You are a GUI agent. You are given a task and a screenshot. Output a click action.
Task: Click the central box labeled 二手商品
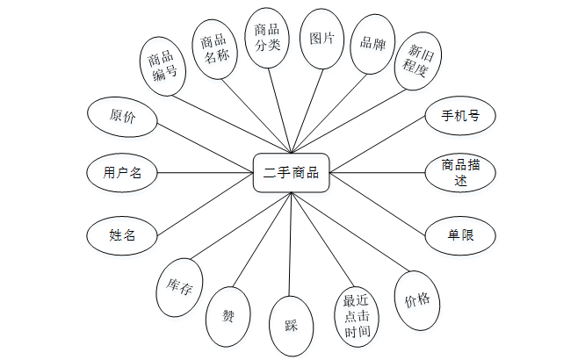tap(291, 174)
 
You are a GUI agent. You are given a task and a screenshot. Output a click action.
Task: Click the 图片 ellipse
tap(322, 40)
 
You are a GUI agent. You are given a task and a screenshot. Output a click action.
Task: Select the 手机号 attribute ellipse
tap(459, 115)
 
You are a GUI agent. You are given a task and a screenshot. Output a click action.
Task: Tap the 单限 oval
tap(459, 234)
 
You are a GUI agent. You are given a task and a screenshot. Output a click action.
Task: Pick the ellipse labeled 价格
tap(417, 299)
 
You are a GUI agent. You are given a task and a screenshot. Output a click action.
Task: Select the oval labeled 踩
tap(291, 327)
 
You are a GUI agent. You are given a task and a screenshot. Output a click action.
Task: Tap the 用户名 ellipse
tap(122, 172)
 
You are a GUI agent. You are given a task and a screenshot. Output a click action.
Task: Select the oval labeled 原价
tap(122, 116)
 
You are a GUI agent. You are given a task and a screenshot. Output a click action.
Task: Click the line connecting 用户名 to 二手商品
tap(204, 172)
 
